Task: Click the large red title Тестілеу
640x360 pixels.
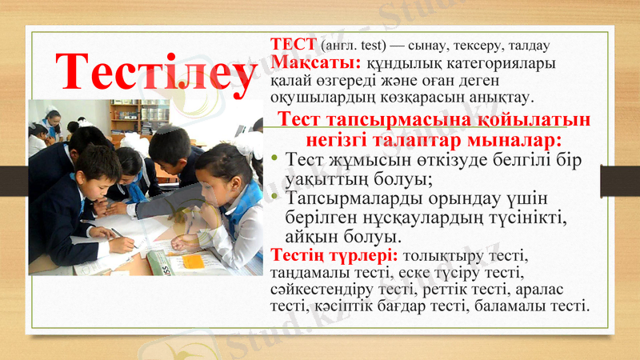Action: click(155, 70)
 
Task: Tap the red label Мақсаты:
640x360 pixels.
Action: click(317, 62)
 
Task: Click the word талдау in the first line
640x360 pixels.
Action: click(523, 46)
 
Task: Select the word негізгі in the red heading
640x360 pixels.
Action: click(327, 141)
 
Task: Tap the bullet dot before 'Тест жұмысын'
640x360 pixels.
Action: click(275, 160)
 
